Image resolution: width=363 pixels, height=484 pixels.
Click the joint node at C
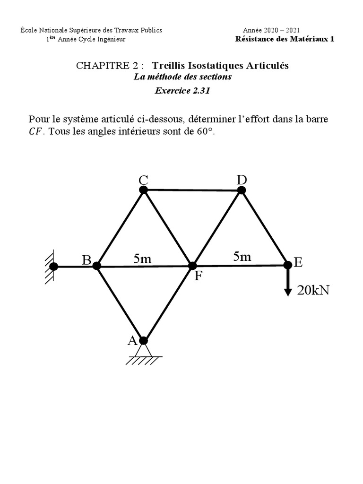coord(144,190)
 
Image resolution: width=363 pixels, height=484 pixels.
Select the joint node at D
coord(242,190)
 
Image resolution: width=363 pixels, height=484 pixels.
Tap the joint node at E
coord(288,265)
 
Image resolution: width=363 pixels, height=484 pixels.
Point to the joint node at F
coord(192,266)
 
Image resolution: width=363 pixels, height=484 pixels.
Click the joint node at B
coord(97,266)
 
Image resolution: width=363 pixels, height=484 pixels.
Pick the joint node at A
coord(144,341)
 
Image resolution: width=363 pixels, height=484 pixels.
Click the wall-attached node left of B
coord(54,266)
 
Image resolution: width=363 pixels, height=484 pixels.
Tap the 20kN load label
coord(313,290)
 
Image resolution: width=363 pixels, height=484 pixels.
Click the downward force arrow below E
coord(288,283)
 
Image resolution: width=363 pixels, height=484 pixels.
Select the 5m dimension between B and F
coord(143,259)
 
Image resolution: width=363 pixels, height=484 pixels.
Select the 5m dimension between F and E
coord(242,257)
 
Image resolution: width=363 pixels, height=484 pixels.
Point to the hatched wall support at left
coord(49,267)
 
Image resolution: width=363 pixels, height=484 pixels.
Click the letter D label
coord(242,180)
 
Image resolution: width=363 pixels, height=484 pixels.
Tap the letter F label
coord(198,276)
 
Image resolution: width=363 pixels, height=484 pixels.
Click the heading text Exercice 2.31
coord(182,91)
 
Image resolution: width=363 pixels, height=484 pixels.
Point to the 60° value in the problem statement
coord(205,131)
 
